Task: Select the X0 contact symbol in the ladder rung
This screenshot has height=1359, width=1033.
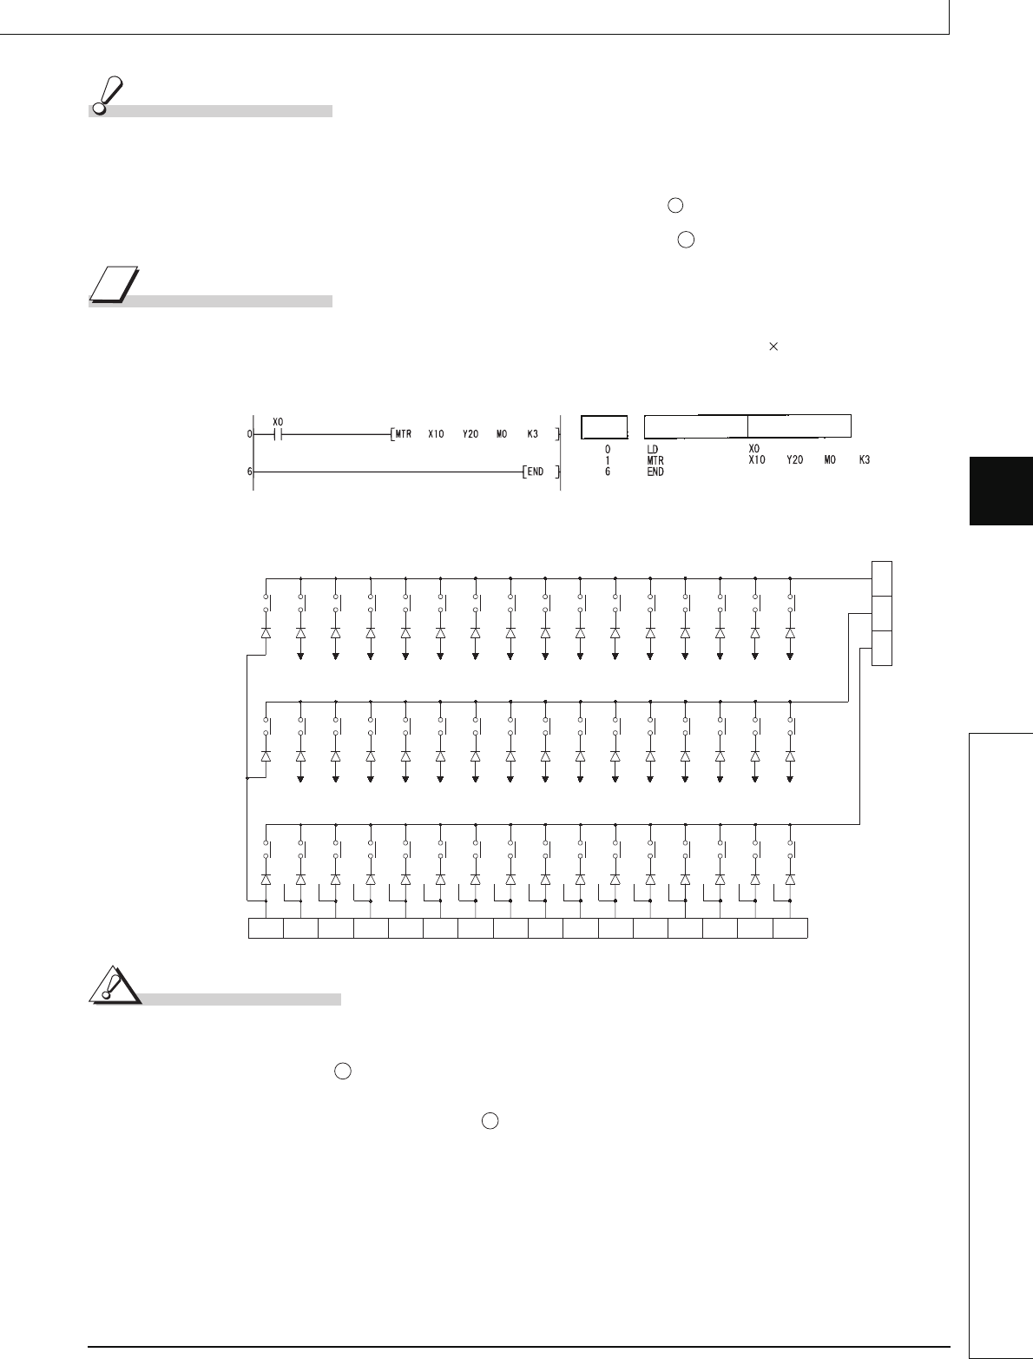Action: (278, 432)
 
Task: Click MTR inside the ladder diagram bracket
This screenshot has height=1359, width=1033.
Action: (404, 432)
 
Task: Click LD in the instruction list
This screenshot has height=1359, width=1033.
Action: (653, 449)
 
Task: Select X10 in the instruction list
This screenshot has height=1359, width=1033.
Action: (758, 460)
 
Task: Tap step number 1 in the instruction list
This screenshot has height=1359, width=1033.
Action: (608, 460)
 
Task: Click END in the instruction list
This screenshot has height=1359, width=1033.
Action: (655, 472)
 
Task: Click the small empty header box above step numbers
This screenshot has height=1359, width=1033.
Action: (604, 426)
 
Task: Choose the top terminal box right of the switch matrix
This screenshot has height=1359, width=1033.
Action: (881, 578)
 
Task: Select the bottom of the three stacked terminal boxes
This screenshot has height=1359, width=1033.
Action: (881, 648)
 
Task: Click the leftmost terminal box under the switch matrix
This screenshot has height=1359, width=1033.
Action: (266, 927)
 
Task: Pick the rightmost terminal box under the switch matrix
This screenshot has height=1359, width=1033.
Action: (790, 927)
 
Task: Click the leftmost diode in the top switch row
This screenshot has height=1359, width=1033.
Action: (266, 634)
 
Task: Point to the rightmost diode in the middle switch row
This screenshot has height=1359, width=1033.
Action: (790, 756)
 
